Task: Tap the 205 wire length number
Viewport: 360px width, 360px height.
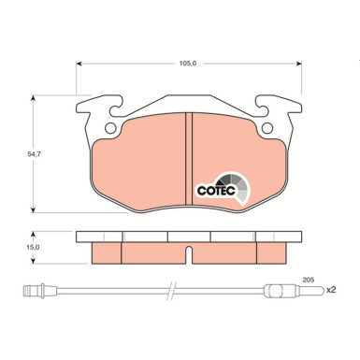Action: pos(309,279)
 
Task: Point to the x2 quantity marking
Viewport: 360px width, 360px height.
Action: pos(330,291)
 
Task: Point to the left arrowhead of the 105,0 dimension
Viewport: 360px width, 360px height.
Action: pos(79,65)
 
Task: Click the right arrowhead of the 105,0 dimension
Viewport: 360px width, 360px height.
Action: pos(301,65)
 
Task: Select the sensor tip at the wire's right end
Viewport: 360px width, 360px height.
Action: pos(298,291)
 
